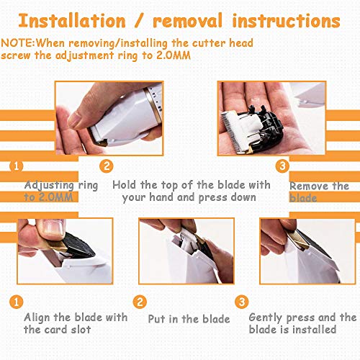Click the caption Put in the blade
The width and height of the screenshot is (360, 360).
(x=189, y=318)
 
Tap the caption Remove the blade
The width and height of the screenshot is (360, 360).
(x=319, y=192)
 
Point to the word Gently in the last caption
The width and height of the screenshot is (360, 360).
(x=267, y=318)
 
